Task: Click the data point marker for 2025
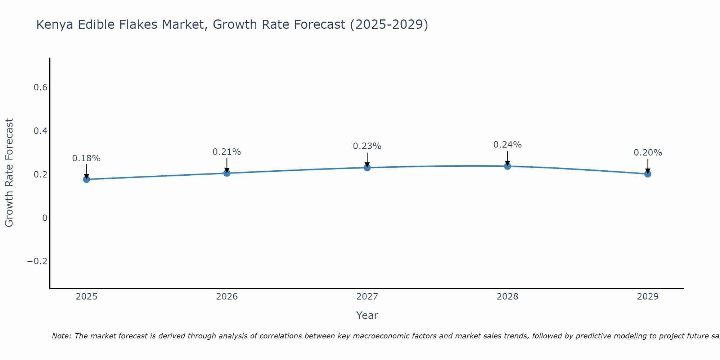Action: click(x=86, y=179)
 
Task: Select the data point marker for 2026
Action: click(x=227, y=173)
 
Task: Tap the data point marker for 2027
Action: click(x=367, y=167)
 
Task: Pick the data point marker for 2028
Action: click(x=507, y=166)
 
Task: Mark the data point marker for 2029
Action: click(x=648, y=174)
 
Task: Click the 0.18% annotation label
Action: click(x=86, y=158)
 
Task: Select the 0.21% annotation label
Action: click(x=227, y=152)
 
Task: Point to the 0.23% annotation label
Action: click(x=367, y=146)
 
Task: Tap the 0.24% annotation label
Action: click(x=507, y=145)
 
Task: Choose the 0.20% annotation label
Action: click(x=648, y=153)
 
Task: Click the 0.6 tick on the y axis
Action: click(x=40, y=87)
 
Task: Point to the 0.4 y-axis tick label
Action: click(x=40, y=131)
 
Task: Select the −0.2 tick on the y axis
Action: click(x=37, y=261)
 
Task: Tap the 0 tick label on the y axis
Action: click(x=45, y=218)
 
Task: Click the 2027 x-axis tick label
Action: click(x=367, y=297)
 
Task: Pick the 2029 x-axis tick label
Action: click(x=648, y=297)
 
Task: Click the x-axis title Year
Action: click(x=367, y=316)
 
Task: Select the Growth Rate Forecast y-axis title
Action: click(x=9, y=173)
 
